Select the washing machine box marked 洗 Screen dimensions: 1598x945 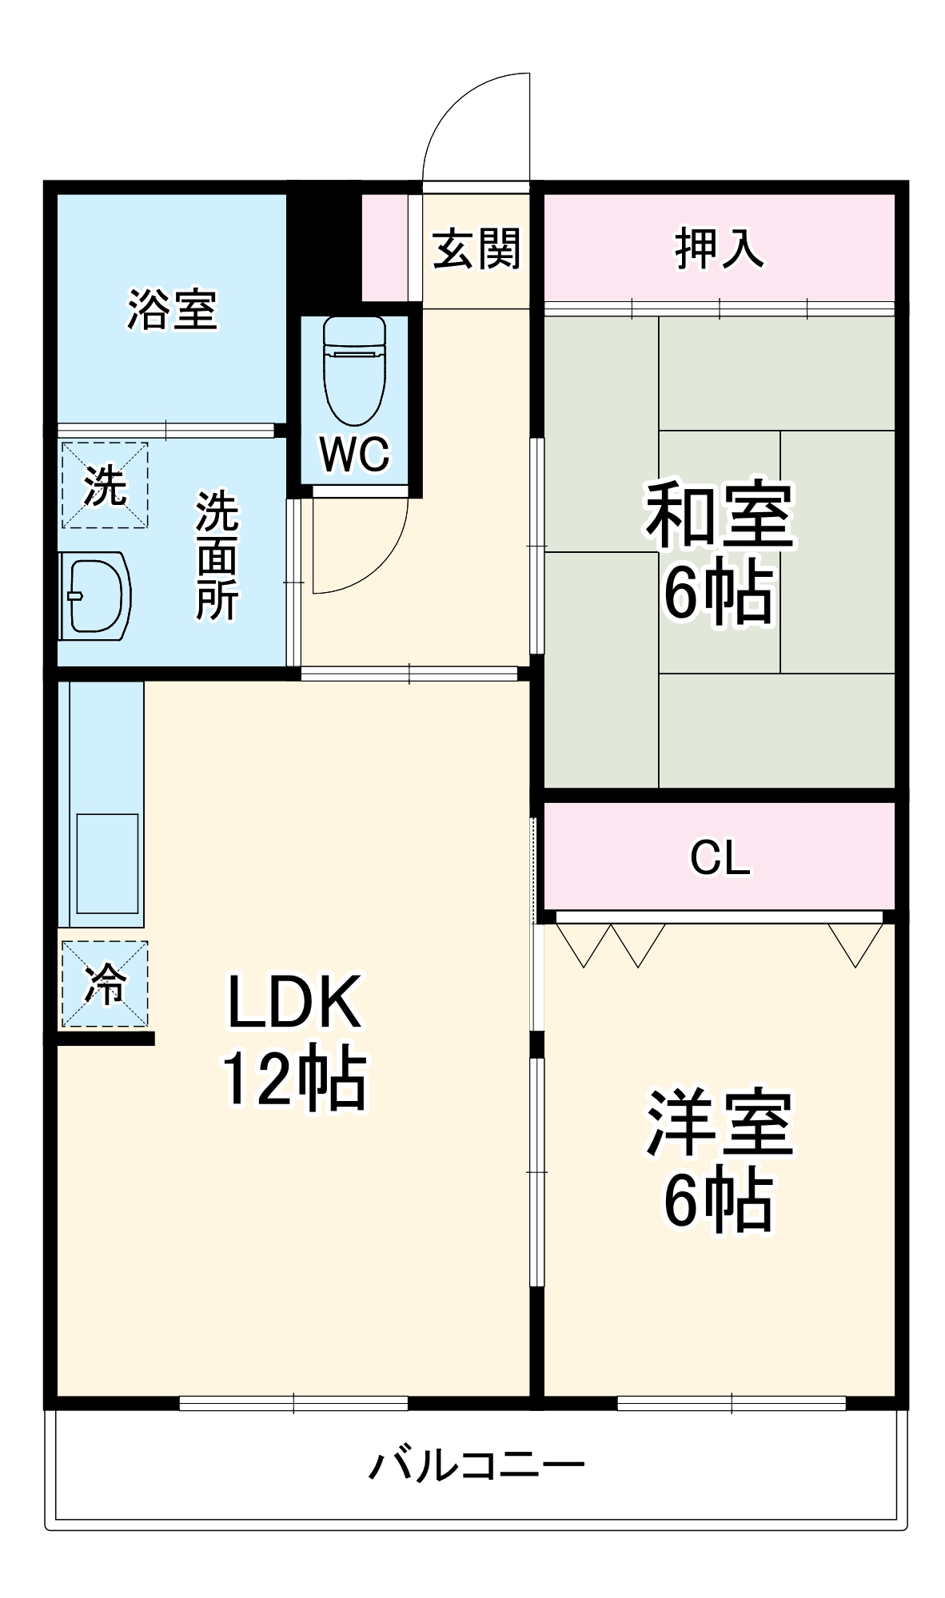click(105, 485)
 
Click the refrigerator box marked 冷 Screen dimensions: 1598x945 click(105, 984)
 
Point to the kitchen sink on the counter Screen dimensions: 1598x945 click(107, 863)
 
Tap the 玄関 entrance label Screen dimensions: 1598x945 click(476, 248)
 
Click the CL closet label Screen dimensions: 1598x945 click(720, 857)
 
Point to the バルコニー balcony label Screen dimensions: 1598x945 click(476, 1466)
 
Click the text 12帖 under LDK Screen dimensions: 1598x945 click(294, 1079)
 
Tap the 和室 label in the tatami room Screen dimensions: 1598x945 click(719, 515)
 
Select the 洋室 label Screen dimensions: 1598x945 click(719, 1123)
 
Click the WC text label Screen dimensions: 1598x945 click(354, 454)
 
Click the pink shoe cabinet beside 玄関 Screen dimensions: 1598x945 click(385, 248)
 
